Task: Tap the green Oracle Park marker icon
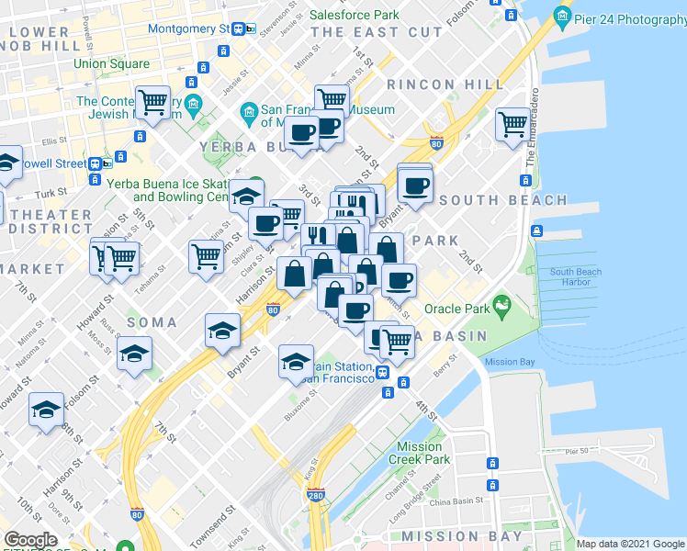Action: (501, 303)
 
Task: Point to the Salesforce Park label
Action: (354, 15)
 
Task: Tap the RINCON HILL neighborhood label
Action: (445, 84)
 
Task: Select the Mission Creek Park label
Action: (420, 453)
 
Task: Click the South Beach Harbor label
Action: (575, 276)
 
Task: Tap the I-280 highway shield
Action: (316, 495)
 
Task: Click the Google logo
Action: (30, 540)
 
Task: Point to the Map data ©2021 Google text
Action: (629, 544)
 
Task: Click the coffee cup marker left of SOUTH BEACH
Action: (415, 186)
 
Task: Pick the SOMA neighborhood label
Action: (145, 322)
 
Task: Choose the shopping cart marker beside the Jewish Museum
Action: (153, 102)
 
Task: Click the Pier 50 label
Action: (577, 451)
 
